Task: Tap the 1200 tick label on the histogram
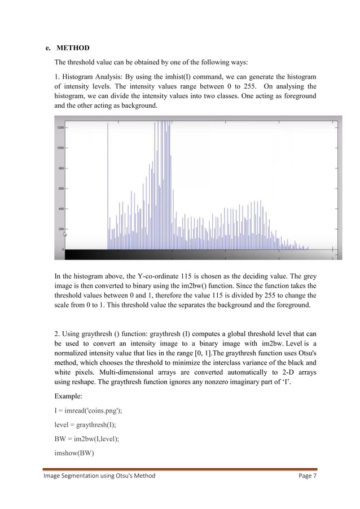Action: [x=60, y=128]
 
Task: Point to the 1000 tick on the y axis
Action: [x=60, y=148]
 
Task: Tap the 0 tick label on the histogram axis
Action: [x=63, y=249]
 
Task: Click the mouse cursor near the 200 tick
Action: [x=65, y=234]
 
